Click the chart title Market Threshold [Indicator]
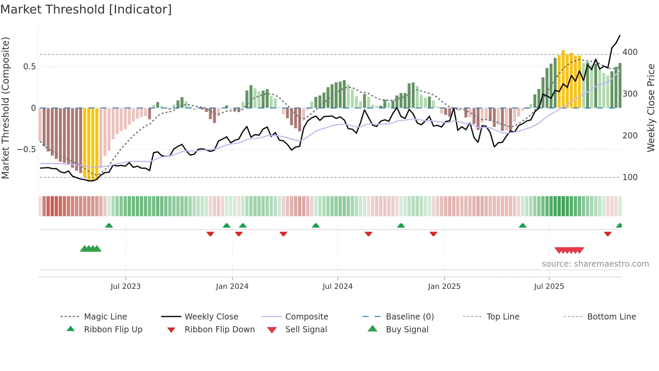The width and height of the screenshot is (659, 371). pyautogui.click(x=86, y=9)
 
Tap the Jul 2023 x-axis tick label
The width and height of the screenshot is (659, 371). pyautogui.click(x=125, y=286)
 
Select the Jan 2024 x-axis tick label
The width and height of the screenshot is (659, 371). pyautogui.click(x=232, y=286)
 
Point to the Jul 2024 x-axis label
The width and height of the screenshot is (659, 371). pyautogui.click(x=338, y=286)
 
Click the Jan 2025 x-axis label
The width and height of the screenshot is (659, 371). pyautogui.click(x=444, y=286)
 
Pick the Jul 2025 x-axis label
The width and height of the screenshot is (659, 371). pyautogui.click(x=549, y=286)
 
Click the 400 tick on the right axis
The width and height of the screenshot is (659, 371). pyautogui.click(x=630, y=52)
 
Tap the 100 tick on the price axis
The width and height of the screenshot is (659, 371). pyautogui.click(x=630, y=177)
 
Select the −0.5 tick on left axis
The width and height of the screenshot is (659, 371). pyautogui.click(x=26, y=149)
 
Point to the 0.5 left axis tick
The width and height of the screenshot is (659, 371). pyautogui.click(x=29, y=67)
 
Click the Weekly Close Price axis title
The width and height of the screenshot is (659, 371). pyautogui.click(x=651, y=108)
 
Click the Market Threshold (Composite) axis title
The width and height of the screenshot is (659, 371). pyautogui.click(x=5, y=108)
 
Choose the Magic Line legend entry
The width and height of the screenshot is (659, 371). pyautogui.click(x=105, y=317)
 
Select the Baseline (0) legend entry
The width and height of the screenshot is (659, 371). pyautogui.click(x=410, y=317)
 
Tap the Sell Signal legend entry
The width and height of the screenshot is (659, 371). pyautogui.click(x=306, y=330)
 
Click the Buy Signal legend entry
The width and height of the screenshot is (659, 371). pyautogui.click(x=407, y=330)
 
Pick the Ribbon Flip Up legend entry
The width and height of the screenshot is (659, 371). pyautogui.click(x=113, y=330)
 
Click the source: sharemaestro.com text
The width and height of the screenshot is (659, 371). pyautogui.click(x=595, y=264)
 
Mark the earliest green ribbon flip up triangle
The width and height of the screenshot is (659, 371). pyautogui.click(x=109, y=226)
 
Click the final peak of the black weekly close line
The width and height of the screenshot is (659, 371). pyautogui.click(x=620, y=35)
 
